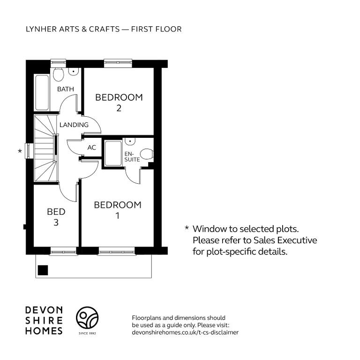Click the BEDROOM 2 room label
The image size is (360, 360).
click(x=119, y=103)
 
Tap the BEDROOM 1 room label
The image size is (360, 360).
click(x=118, y=210)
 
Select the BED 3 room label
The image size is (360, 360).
click(x=56, y=217)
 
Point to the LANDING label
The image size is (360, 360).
click(x=74, y=125)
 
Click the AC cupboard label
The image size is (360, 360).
click(x=91, y=147)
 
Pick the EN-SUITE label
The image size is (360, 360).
click(x=132, y=157)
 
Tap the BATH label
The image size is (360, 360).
click(x=66, y=89)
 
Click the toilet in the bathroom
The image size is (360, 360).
click(x=58, y=74)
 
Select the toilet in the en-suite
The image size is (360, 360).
click(x=147, y=154)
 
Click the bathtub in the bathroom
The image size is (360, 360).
click(x=42, y=92)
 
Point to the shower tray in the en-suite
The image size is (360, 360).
click(x=113, y=153)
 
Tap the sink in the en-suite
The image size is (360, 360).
click(x=130, y=141)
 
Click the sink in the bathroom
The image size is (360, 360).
click(x=74, y=71)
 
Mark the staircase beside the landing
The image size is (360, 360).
click(x=45, y=148)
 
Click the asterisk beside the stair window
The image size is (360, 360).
click(x=20, y=151)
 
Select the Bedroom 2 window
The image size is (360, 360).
click(x=118, y=63)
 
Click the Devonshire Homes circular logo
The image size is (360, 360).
click(x=87, y=317)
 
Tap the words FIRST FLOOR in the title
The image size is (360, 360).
click(x=157, y=29)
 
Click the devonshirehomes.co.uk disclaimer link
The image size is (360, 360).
click(x=185, y=332)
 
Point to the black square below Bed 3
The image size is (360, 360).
click(x=43, y=270)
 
